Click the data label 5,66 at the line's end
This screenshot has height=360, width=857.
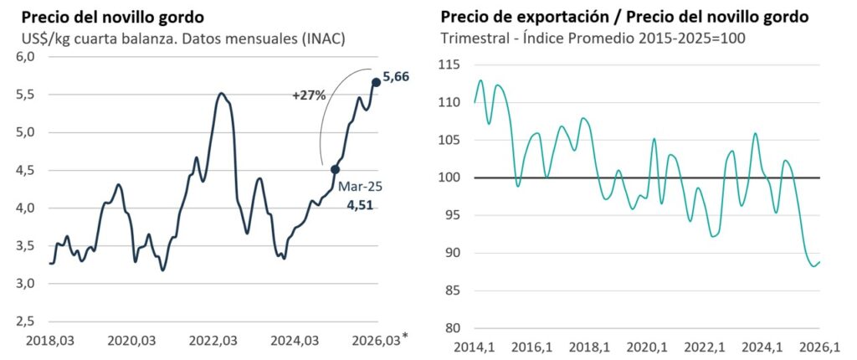[x=396, y=78]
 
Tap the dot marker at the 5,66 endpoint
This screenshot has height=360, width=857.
[x=376, y=81]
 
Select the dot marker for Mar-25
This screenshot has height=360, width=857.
[x=335, y=169]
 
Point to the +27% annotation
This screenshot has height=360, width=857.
[x=309, y=95]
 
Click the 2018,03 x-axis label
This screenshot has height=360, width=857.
[x=49, y=341]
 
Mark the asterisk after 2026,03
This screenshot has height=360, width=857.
[x=406, y=337]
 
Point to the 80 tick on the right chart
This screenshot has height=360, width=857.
[x=453, y=328]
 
